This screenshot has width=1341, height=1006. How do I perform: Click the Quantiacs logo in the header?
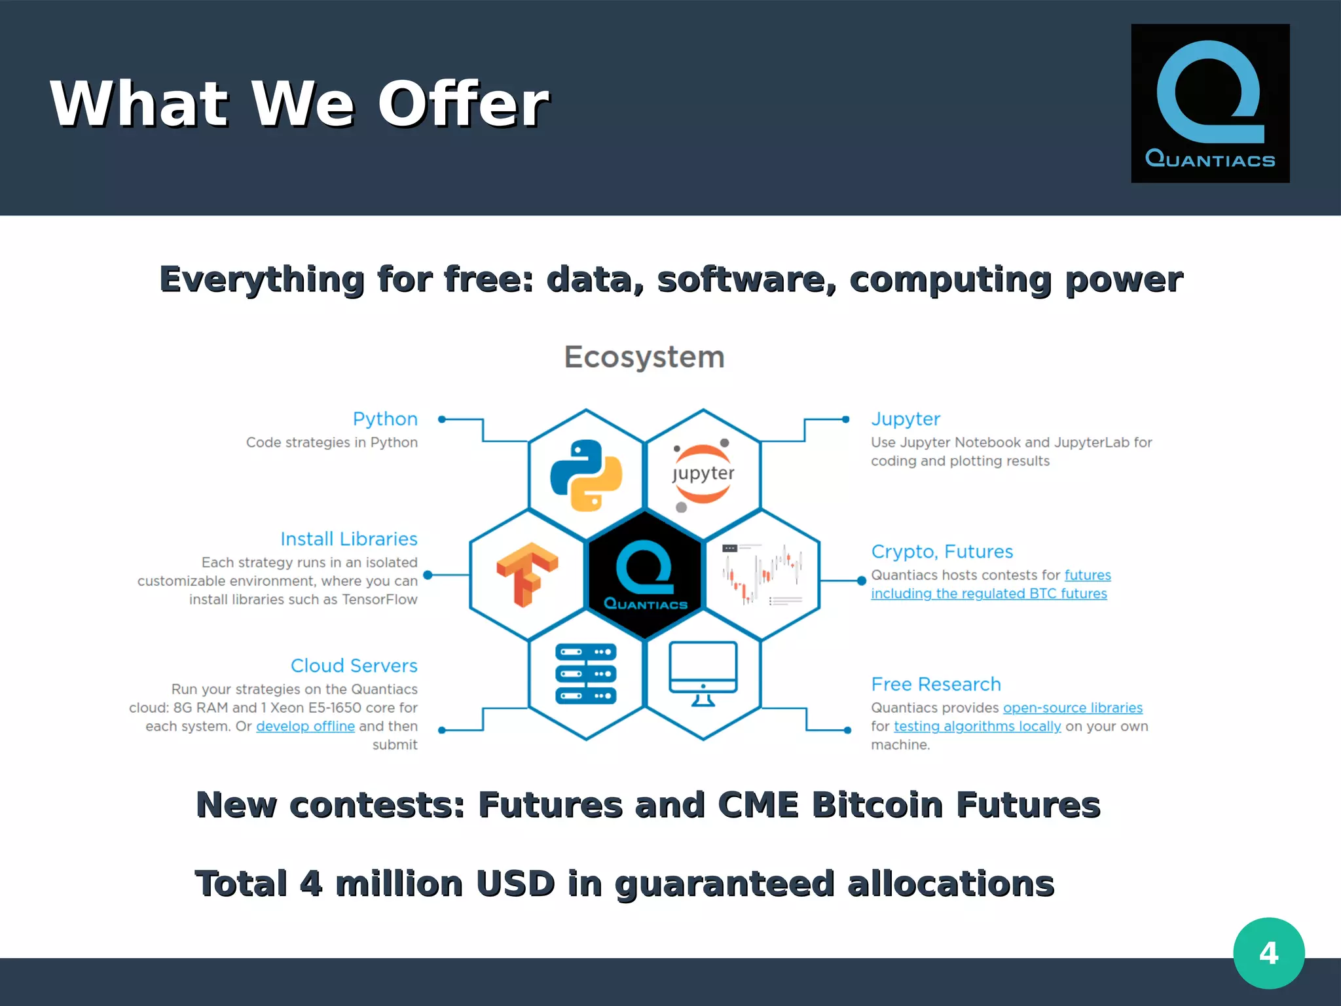(1210, 103)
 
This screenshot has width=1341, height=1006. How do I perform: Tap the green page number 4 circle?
(1268, 953)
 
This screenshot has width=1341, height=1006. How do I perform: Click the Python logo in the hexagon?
(586, 475)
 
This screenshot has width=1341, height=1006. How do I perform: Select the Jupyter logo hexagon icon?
(703, 474)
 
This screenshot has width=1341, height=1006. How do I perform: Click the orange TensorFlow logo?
(527, 575)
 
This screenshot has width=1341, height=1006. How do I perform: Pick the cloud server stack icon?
(586, 674)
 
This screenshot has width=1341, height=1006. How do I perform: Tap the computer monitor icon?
(703, 674)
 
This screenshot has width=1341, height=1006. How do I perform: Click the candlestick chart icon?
(762, 575)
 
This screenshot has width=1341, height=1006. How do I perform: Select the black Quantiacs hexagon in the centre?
(645, 575)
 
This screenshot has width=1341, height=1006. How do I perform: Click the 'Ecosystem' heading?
(644, 357)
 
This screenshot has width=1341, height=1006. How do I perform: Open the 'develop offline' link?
(305, 727)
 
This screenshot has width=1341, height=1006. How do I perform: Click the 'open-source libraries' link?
(1073, 708)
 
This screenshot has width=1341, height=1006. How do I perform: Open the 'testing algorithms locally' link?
(977, 727)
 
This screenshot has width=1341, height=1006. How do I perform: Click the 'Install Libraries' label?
(348, 539)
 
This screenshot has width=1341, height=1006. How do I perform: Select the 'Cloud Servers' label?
(354, 666)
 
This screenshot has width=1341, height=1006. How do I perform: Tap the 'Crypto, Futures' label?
(942, 552)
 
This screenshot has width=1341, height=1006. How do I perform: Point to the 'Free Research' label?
(936, 685)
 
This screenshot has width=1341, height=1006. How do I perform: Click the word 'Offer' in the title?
(464, 105)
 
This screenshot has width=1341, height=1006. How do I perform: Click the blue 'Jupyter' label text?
(906, 419)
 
